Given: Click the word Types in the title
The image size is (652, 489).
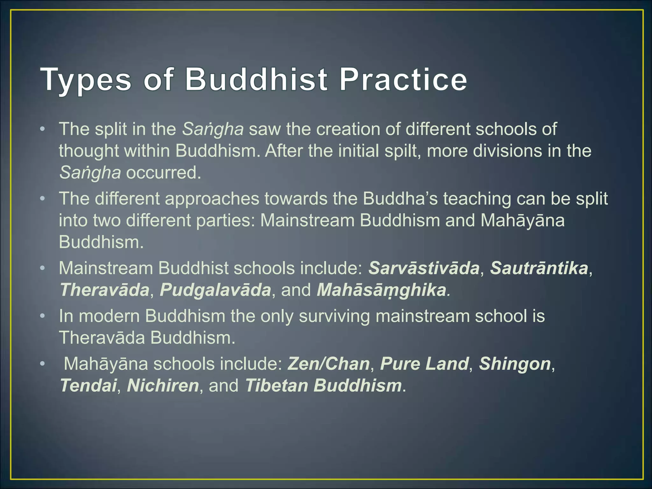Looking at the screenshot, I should click(x=86, y=80).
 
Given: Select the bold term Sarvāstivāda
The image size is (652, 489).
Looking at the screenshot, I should click(x=424, y=268).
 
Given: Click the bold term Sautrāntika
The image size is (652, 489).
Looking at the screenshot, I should click(x=539, y=268).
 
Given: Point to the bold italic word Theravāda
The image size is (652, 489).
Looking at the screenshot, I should click(x=105, y=290).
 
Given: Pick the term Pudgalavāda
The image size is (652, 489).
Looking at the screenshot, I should click(x=215, y=290).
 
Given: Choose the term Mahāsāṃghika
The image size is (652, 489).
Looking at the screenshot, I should click(x=381, y=290).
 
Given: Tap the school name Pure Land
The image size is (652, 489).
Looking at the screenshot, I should click(x=424, y=364).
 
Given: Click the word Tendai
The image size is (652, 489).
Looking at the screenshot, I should click(x=88, y=386).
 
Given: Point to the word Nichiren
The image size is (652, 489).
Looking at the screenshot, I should click(x=163, y=386).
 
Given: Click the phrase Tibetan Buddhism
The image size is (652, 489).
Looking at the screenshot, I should click(x=323, y=386).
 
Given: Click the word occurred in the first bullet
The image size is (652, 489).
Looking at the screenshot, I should click(x=164, y=173).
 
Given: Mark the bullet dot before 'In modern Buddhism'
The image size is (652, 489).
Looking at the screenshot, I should click(x=42, y=316).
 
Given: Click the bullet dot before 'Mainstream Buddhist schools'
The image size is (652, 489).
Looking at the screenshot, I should click(x=42, y=268).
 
